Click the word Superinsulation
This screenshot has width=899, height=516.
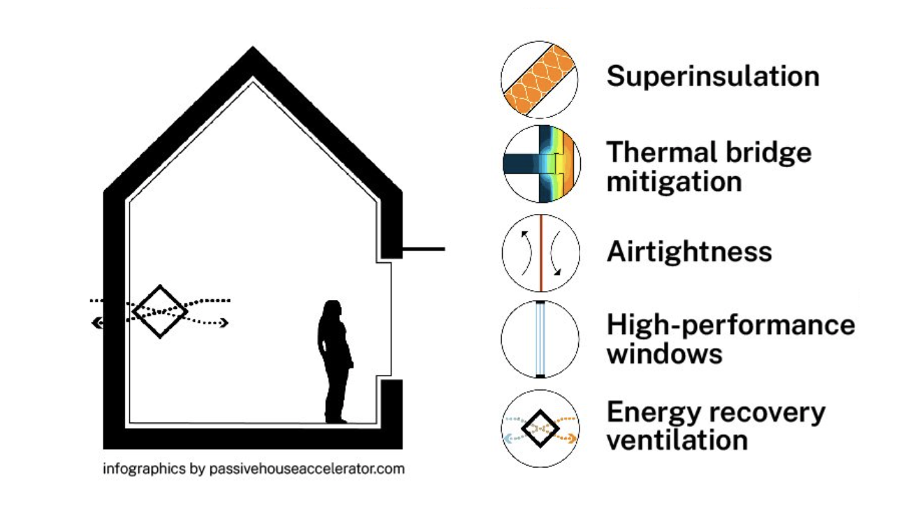click(x=712, y=76)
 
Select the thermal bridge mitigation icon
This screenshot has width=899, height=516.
click(x=540, y=165)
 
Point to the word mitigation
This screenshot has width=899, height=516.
click(x=674, y=182)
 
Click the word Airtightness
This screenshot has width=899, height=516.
click(x=689, y=252)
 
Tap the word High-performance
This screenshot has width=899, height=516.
click(x=731, y=325)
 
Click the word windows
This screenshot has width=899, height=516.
click(x=664, y=354)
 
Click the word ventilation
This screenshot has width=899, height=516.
click(x=677, y=441)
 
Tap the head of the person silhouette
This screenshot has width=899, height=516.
click(x=331, y=310)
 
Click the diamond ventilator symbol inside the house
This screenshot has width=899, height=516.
click(x=160, y=311)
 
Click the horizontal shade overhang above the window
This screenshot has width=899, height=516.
click(x=422, y=249)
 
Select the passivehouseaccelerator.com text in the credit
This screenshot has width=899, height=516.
click(x=306, y=469)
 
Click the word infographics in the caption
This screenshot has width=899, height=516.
click(x=144, y=469)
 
